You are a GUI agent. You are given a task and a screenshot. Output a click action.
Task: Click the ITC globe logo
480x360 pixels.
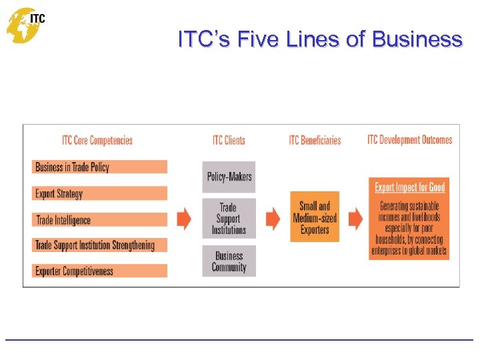(25, 25)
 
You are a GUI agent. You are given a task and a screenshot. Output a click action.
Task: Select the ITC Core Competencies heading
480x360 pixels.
(97, 140)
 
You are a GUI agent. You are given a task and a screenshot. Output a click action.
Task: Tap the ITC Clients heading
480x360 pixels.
(229, 140)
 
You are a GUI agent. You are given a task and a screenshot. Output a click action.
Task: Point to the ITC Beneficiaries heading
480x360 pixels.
(315, 140)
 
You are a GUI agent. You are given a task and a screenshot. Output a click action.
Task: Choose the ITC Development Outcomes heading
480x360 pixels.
(409, 140)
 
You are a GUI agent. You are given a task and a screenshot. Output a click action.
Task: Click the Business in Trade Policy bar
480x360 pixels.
(99, 167)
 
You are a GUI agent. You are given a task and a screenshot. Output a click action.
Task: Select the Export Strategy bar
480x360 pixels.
(99, 193)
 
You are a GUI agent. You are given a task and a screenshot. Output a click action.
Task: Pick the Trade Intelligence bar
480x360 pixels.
(99, 219)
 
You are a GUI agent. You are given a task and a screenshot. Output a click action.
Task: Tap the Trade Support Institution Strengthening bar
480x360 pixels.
(99, 245)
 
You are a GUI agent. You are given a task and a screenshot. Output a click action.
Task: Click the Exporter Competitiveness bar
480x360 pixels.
(99, 271)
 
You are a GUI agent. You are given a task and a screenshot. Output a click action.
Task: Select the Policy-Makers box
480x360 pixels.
(229, 177)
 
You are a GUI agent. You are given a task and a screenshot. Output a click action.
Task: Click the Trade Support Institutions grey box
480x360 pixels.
(229, 219)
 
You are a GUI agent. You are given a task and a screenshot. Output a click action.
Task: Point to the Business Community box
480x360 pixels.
(229, 261)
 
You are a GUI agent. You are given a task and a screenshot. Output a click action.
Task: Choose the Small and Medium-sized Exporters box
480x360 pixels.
(315, 217)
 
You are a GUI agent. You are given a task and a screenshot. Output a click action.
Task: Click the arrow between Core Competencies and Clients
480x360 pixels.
(184, 218)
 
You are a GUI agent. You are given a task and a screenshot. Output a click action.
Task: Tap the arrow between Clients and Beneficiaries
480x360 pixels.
(273, 218)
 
